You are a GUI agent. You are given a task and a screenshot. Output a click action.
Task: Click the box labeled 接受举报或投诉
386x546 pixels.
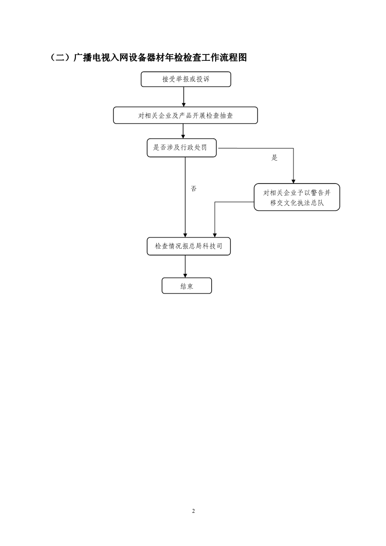point(185,79)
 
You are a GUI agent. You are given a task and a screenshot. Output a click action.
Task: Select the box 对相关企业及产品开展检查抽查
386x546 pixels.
point(185,115)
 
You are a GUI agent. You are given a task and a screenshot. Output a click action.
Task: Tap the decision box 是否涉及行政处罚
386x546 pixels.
point(182,147)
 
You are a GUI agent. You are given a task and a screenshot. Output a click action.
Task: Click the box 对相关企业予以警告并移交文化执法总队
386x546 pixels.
point(297,197)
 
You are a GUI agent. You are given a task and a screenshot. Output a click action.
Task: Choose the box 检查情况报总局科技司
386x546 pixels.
point(188,246)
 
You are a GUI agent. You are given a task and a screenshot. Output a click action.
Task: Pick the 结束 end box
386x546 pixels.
point(187,286)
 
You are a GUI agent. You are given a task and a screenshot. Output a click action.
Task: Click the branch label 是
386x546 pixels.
point(275,158)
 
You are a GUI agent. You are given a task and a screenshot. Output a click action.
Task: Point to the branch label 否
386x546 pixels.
point(194,188)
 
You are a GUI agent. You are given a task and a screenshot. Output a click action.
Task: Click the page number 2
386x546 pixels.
point(193,511)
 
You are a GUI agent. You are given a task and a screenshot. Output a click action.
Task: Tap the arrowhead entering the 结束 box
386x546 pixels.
point(185,275)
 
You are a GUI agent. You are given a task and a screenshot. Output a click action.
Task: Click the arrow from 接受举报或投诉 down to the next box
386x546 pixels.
point(184,97)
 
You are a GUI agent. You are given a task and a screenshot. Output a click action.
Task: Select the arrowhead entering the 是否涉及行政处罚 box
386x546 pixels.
point(183,136)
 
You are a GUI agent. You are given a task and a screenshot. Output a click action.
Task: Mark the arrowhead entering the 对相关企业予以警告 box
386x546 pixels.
point(294,182)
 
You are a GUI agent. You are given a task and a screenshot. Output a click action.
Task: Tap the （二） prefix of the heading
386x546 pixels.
point(61,57)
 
